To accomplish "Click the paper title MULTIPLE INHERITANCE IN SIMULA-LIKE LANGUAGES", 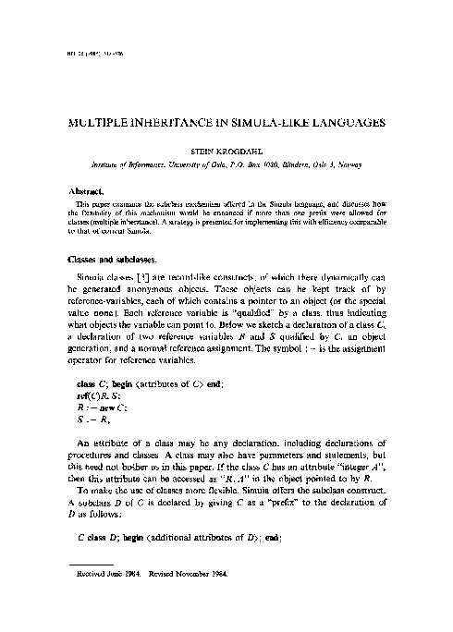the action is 227,121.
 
